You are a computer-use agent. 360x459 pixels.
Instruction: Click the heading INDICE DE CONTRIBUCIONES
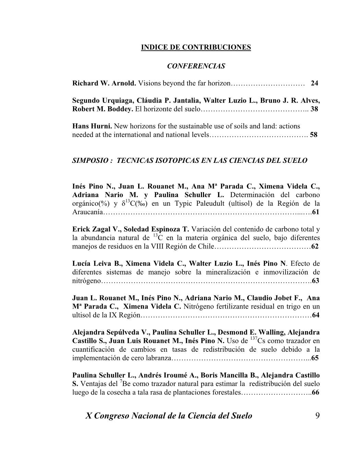tap(196, 47)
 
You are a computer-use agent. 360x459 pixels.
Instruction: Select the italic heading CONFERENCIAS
tap(196, 66)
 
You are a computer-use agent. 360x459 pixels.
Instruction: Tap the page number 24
tap(314, 83)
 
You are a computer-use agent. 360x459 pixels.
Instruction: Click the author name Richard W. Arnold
tap(104, 83)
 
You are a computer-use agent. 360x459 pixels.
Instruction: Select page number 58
tap(313, 135)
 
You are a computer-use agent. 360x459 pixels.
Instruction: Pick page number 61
tap(316, 212)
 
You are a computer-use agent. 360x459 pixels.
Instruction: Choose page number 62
tap(315, 246)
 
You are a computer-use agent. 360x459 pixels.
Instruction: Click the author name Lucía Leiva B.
tap(97, 264)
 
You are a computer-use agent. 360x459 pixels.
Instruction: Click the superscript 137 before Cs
tap(254, 339)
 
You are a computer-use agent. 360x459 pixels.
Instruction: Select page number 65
tap(315, 358)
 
